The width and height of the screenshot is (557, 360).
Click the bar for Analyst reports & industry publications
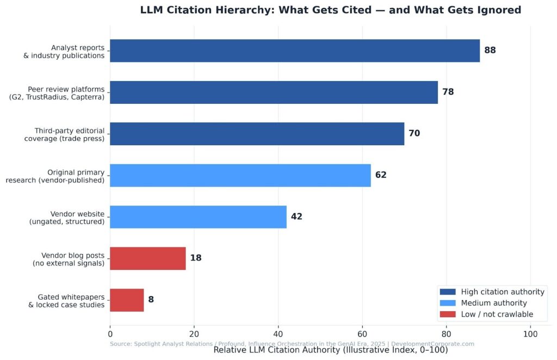294,51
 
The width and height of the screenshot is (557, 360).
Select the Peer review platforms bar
274,92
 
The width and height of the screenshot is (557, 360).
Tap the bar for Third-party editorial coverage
257,134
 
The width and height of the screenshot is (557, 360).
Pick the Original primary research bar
240,175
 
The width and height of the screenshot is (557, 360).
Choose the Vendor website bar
198,216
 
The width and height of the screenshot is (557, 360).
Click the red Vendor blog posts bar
147,258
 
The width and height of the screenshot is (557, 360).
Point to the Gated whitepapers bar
127,300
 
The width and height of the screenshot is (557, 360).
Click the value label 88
490,51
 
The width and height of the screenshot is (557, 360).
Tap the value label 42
296,216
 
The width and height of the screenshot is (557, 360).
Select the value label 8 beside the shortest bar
151,300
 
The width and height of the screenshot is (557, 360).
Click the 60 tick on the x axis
362,334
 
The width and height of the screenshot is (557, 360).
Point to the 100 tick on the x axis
530,334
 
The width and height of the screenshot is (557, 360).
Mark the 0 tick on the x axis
110,334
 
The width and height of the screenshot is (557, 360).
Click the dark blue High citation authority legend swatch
448,292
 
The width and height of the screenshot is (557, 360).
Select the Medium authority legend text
493,303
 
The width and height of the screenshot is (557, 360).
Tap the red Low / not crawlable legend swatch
448,314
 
